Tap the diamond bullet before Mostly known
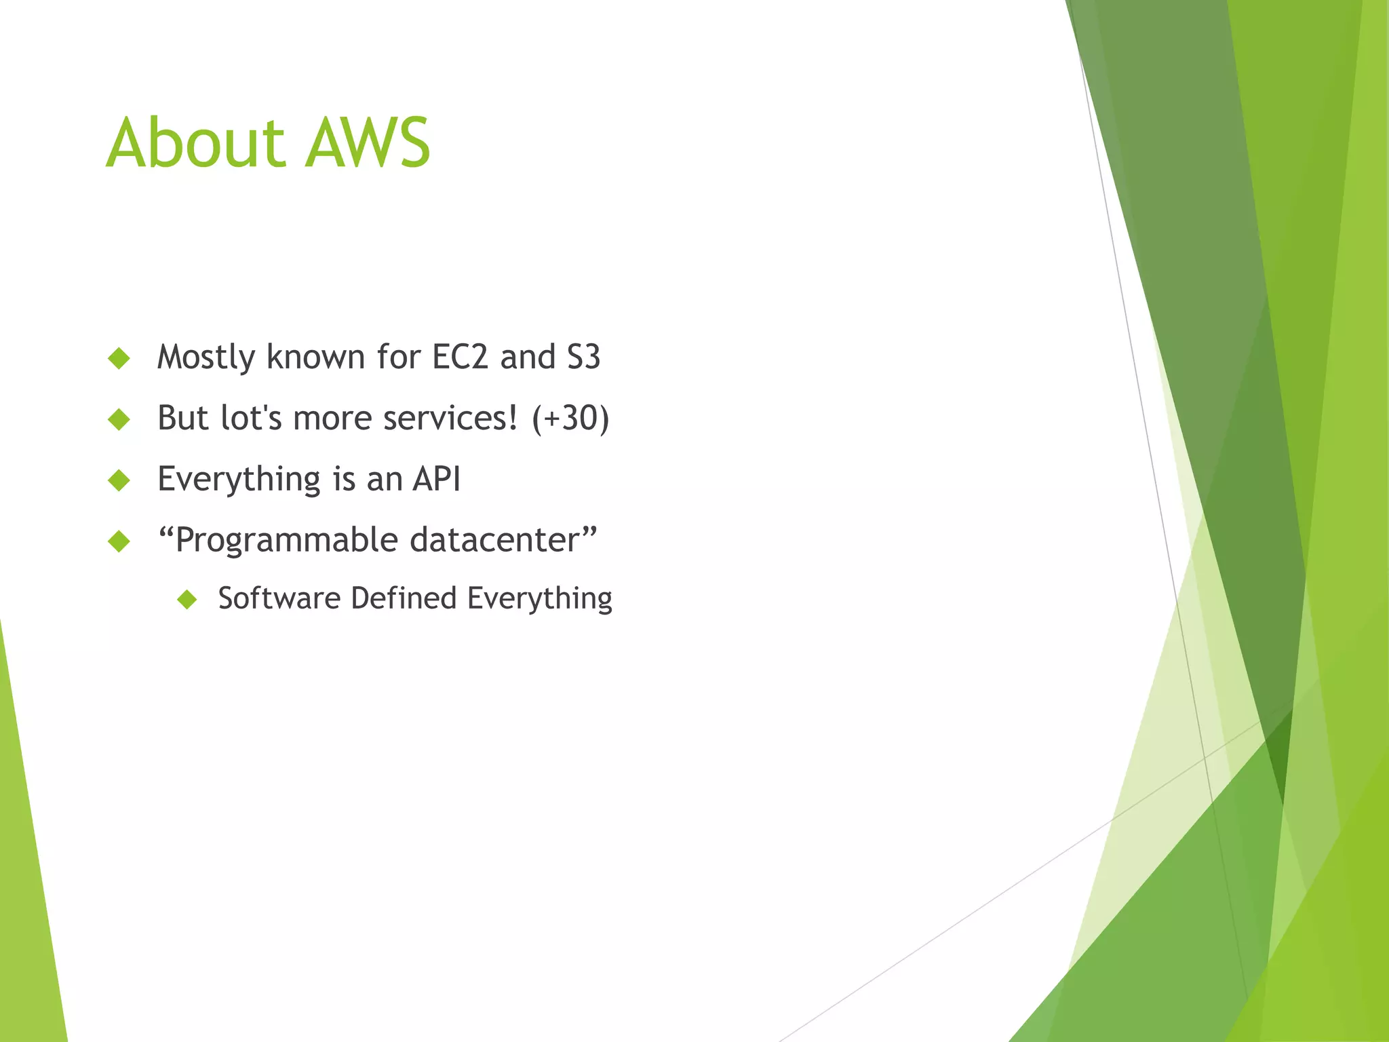119,358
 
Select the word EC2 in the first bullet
460,357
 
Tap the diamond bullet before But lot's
119,419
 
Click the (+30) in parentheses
570,418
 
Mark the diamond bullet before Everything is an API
119,480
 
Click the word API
437,479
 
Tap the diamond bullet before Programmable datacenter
119,541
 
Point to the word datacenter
495,540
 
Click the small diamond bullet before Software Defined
187,599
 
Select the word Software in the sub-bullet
279,598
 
